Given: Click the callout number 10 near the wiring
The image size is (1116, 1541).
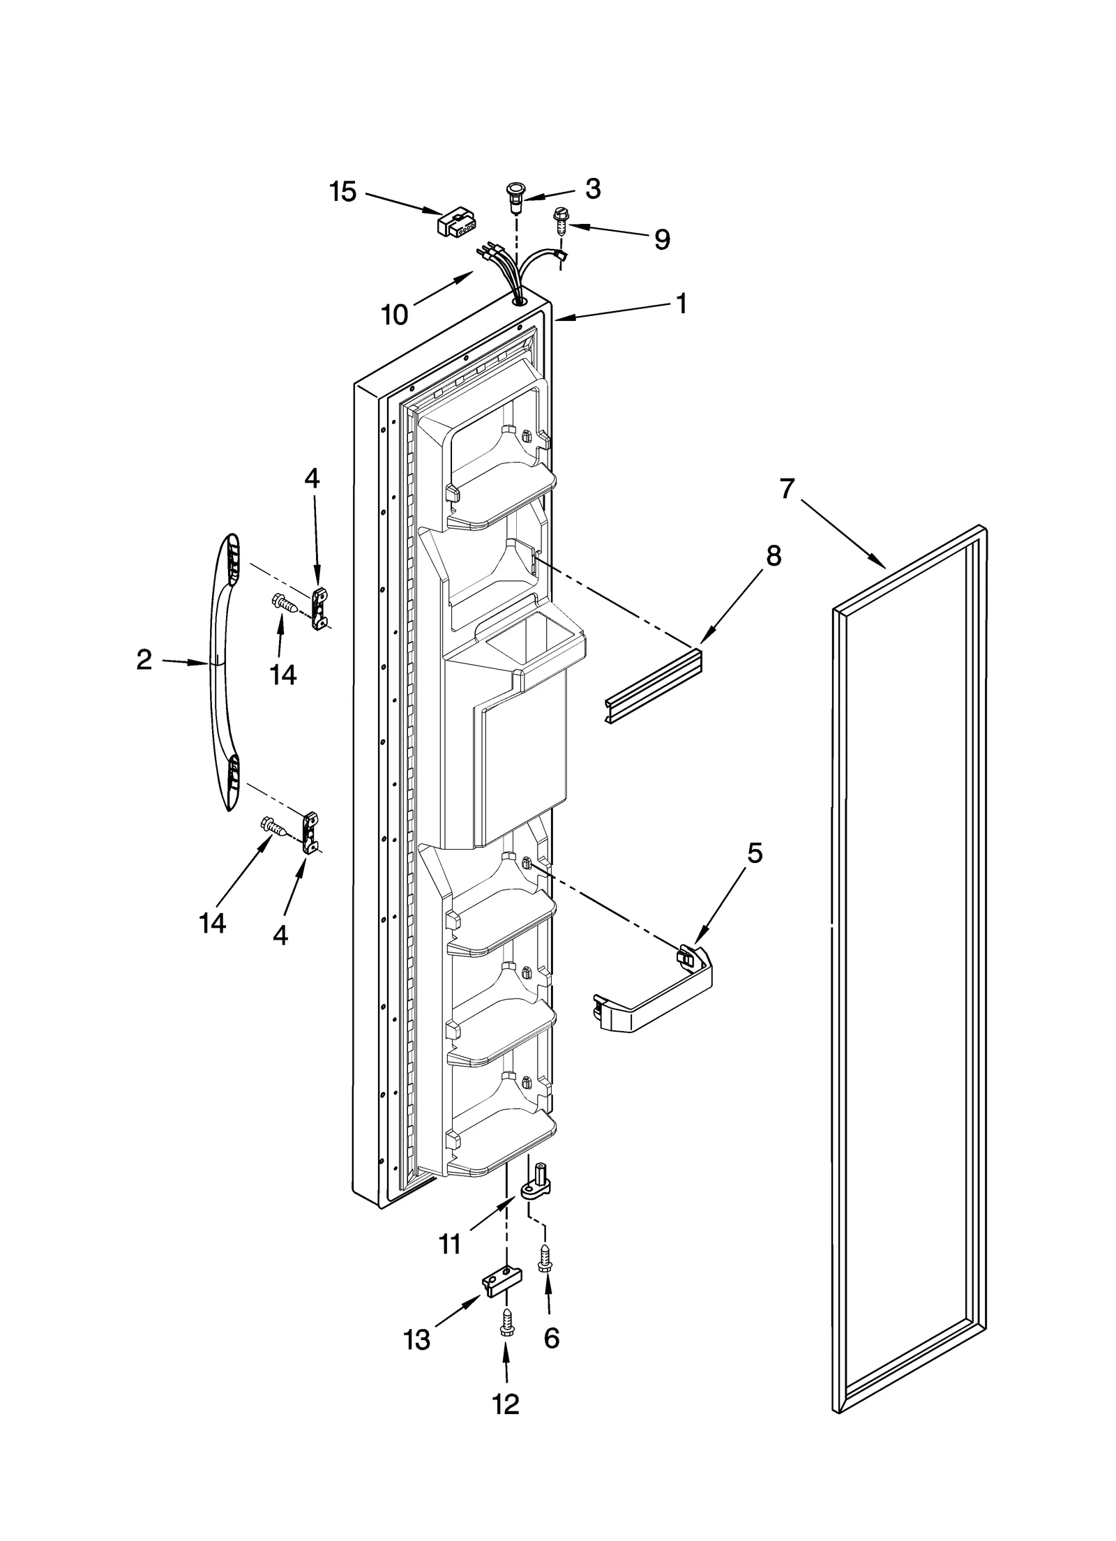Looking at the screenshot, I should [x=394, y=315].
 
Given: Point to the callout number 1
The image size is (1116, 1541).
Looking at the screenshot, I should [x=681, y=304].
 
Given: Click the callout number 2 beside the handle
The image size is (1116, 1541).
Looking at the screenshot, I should [x=144, y=659].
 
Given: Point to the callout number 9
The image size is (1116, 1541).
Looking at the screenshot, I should [x=661, y=239].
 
